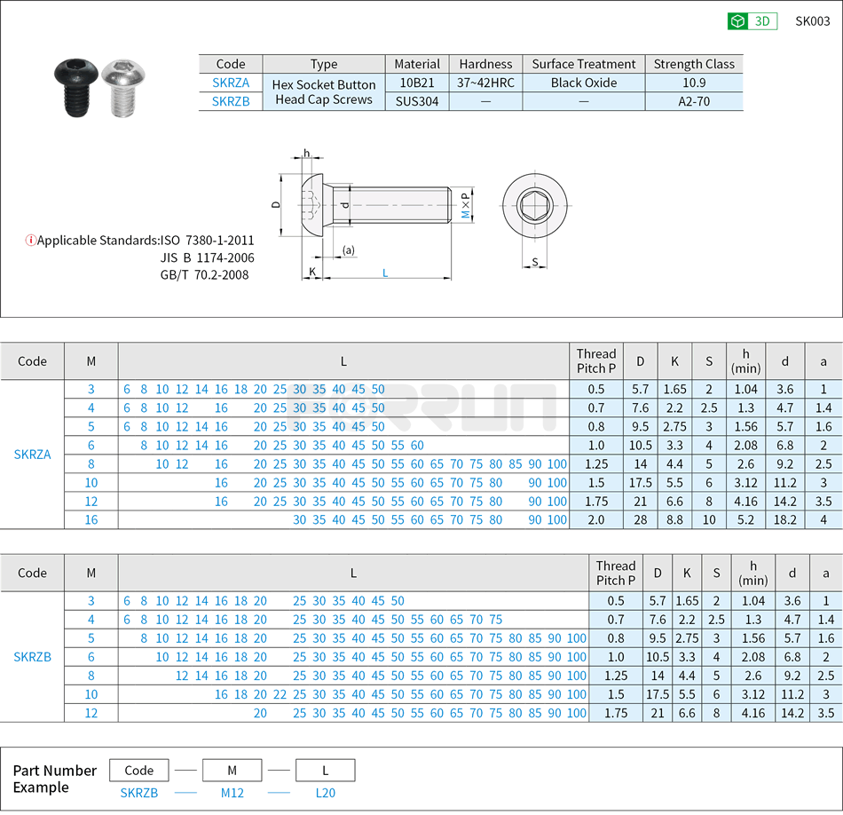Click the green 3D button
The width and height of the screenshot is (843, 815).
coord(752,21)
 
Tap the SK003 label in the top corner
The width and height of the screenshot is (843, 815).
coord(812,21)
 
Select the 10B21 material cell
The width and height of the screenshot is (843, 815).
coord(416,83)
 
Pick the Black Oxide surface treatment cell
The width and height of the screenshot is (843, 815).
coord(583,83)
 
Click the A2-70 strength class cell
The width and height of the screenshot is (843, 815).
coord(693,101)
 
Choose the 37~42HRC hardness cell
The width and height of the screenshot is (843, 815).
coord(485,83)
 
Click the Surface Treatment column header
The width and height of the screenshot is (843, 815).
coord(583,64)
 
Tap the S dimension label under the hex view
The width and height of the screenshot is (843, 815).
coord(534,262)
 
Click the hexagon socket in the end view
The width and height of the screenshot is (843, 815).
coord(533,205)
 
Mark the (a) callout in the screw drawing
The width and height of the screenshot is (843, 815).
coord(349,250)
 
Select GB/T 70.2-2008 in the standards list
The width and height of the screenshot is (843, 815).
coord(204,274)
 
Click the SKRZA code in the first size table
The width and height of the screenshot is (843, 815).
coord(32,455)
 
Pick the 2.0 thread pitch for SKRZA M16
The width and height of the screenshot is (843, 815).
coord(596,519)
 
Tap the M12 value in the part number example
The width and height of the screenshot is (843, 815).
coord(232,793)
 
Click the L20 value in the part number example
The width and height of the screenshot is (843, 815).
coord(325,793)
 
